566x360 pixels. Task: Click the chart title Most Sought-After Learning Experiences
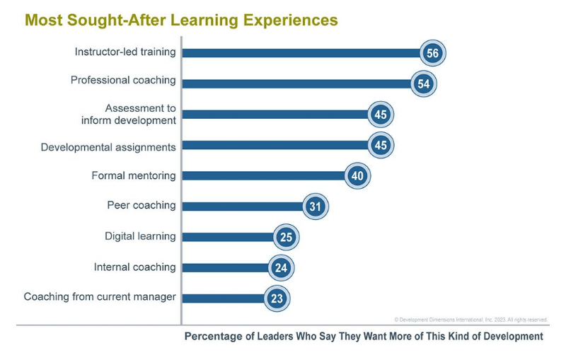pos(181,21)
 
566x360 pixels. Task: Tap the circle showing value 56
pos(433,53)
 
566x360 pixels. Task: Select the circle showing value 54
pos(424,83)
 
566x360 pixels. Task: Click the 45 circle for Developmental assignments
pos(381,146)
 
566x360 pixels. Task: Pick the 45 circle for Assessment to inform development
pos(381,115)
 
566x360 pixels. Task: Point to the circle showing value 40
pos(357,176)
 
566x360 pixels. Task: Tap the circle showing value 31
pos(316,207)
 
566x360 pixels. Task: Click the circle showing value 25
pos(287,237)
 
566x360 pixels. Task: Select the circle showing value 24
pos(282,267)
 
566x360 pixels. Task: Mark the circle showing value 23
pos(277,298)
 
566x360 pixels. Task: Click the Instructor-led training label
pos(125,52)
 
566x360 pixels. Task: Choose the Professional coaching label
pos(123,80)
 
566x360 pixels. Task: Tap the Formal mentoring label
pos(134,175)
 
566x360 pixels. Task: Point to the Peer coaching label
pos(141,205)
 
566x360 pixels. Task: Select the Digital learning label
pos(140,236)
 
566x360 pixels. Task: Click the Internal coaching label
pos(134,267)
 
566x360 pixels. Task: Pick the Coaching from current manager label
pos(100,297)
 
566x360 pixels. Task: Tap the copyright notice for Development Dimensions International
pos(470,320)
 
